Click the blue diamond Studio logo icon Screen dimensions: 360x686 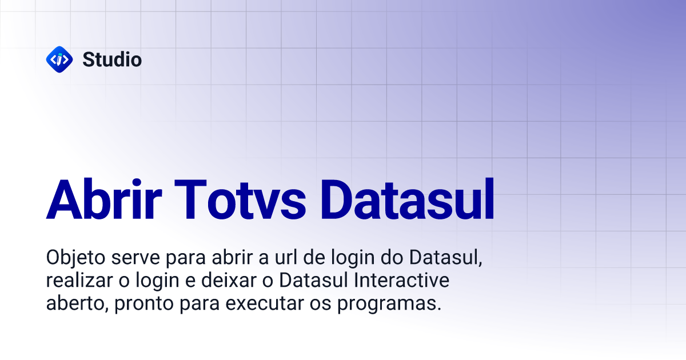pos(59,59)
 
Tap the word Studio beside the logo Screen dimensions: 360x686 pos(112,59)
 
